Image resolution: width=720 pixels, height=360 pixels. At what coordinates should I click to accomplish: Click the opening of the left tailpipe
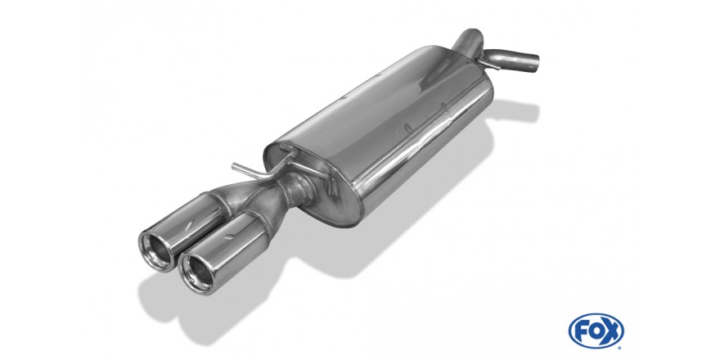point(156,250)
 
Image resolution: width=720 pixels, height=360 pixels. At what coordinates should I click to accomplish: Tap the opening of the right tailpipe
point(197,272)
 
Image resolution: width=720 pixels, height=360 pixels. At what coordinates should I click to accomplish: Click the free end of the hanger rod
point(234,166)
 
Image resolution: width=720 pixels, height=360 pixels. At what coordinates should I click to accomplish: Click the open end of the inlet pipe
point(533,63)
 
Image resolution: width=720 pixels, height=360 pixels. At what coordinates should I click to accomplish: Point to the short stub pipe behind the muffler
point(468,38)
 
